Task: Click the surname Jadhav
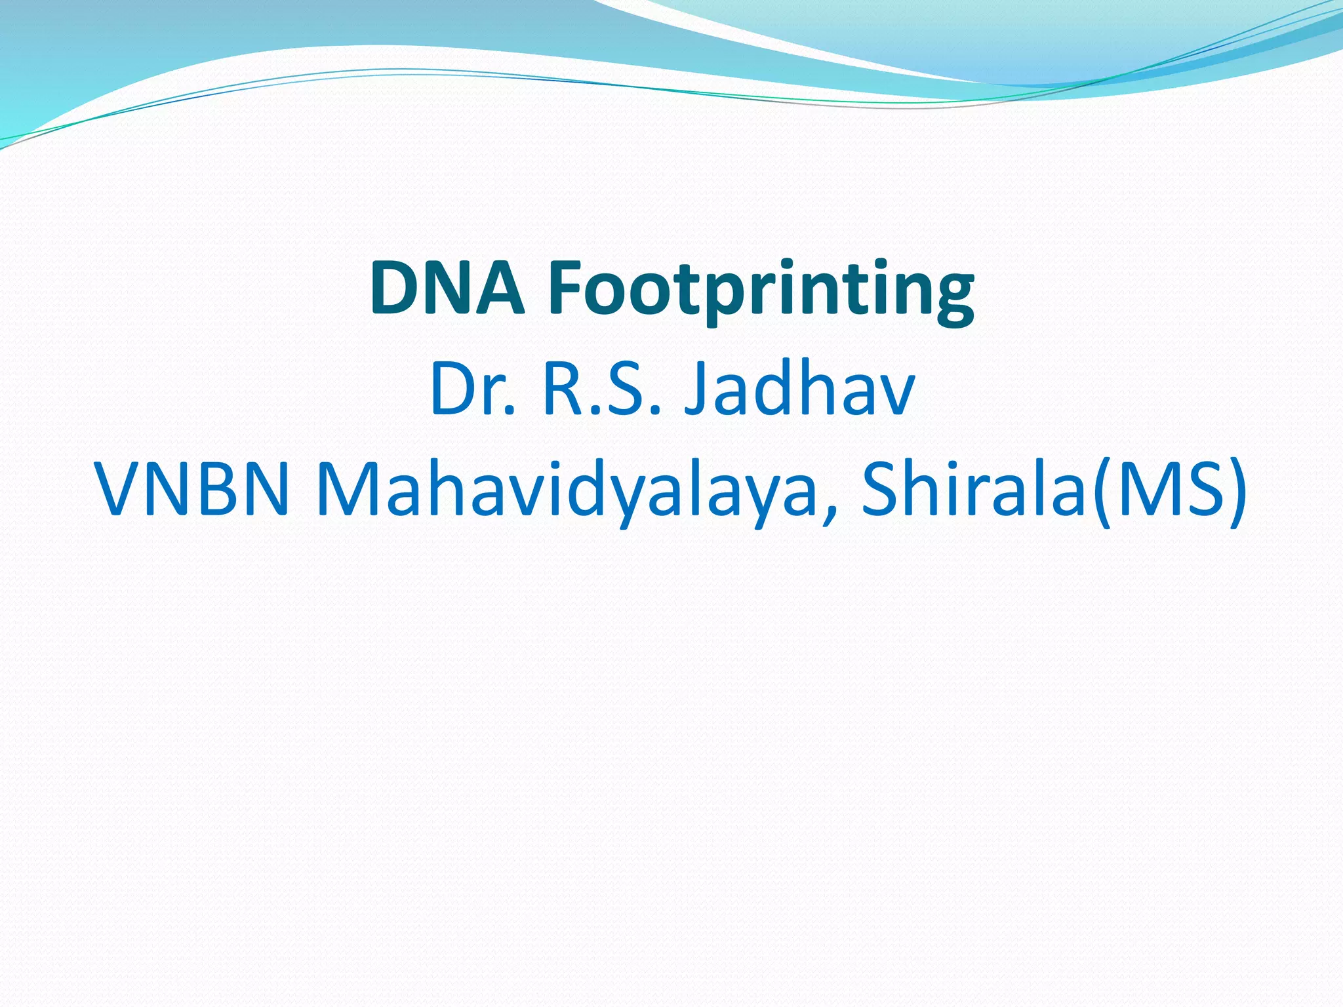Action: click(x=799, y=391)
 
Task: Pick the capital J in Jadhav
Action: click(x=696, y=392)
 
